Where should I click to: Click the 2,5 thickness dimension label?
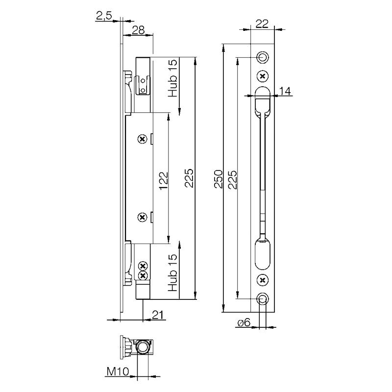(x=104, y=17)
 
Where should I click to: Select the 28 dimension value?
(x=138, y=30)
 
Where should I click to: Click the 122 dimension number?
(x=163, y=180)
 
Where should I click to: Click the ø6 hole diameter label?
(x=244, y=323)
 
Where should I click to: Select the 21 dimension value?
(x=157, y=315)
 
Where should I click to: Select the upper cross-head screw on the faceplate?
(x=263, y=76)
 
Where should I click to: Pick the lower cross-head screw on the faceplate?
(x=263, y=280)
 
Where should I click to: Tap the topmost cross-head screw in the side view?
(x=143, y=139)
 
